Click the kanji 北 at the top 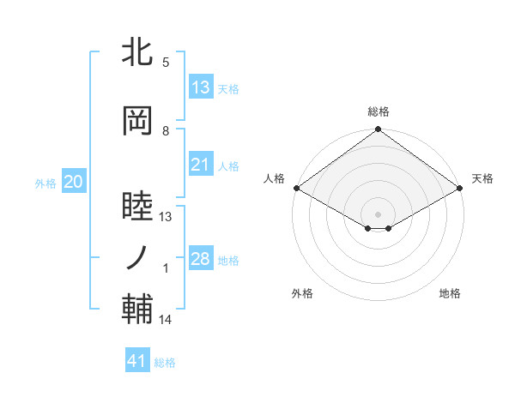(x=137, y=52)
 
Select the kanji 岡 (x=137, y=119)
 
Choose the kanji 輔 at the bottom (x=137, y=308)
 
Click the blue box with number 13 (x=201, y=87)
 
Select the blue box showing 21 (x=201, y=165)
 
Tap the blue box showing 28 (x=201, y=259)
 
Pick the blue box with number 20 (x=74, y=182)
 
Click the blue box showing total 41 (x=137, y=361)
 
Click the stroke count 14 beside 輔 (x=166, y=320)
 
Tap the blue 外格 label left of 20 (x=45, y=183)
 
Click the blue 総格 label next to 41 (x=165, y=363)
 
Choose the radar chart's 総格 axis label (x=378, y=111)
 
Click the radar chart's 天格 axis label (x=482, y=178)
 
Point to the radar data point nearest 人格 (x=296, y=188)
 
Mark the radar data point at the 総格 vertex (x=378, y=130)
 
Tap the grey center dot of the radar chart (x=378, y=213)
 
